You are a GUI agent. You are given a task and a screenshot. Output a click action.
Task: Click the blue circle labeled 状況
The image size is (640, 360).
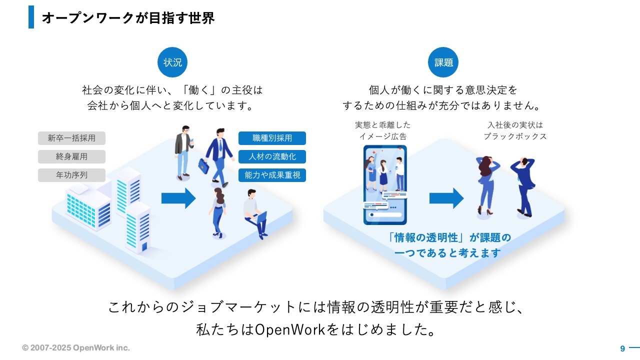[x=172, y=62]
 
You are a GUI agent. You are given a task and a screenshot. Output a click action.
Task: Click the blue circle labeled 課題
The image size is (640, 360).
[x=443, y=62]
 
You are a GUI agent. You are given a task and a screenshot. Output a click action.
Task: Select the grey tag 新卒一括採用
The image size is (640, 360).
[x=71, y=138]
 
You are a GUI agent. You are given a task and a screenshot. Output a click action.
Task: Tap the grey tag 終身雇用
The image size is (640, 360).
[x=71, y=156]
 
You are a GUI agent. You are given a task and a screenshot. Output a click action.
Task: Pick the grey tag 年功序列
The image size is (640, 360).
[x=71, y=175]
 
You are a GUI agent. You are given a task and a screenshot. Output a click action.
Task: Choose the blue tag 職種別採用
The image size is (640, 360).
[x=272, y=138]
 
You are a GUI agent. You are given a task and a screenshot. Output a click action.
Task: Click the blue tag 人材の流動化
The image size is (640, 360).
[x=272, y=156]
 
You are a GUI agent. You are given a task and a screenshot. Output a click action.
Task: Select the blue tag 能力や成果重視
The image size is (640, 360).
[x=272, y=175]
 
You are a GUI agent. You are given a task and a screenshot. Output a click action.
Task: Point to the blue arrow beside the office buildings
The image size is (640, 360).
[x=178, y=198]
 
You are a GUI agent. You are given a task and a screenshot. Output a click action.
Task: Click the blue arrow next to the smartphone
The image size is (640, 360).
[x=446, y=198]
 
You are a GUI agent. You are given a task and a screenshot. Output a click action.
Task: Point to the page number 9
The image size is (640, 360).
[x=622, y=348]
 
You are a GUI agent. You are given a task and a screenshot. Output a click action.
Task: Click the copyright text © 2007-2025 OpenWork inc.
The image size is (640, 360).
[x=76, y=347]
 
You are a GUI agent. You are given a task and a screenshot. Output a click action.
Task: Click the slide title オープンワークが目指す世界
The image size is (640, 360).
[x=128, y=18]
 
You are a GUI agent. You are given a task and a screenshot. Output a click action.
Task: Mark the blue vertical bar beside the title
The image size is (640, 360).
[x=31, y=17]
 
